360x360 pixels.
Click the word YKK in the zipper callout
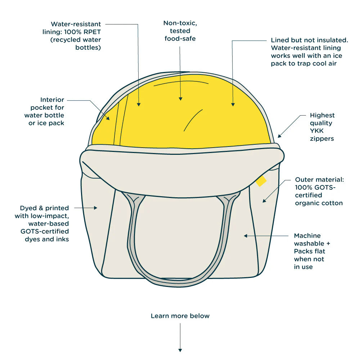tap(317, 131)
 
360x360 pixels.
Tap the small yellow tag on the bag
tap(261, 181)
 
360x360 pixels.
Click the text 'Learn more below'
tap(180, 316)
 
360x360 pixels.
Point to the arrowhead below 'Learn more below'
tap(180, 350)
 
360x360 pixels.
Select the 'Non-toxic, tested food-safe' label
tap(180, 31)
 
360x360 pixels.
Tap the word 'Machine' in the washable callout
tap(307, 236)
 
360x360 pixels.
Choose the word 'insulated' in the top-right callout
tap(333, 40)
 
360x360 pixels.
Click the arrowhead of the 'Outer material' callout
tap(264, 201)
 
